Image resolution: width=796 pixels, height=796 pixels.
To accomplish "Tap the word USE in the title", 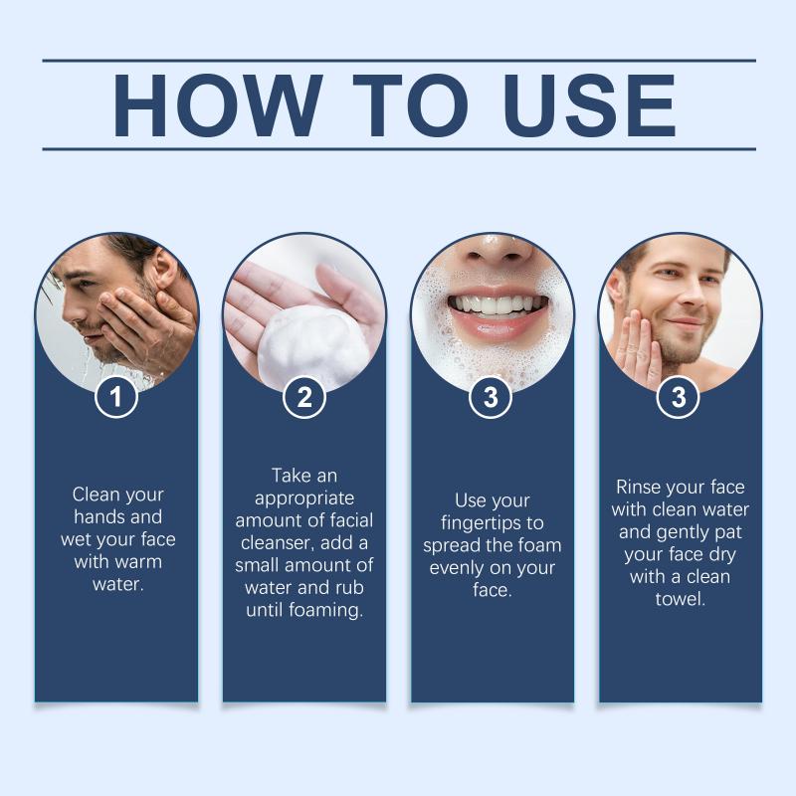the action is click(x=589, y=105).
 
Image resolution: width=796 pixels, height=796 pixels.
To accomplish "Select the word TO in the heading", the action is click(x=410, y=105).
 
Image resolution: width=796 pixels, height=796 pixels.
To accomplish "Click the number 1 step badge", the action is click(x=116, y=396).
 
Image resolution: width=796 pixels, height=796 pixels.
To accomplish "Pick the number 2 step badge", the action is click(x=304, y=396).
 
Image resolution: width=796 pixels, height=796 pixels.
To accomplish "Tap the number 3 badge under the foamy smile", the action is click(x=491, y=396).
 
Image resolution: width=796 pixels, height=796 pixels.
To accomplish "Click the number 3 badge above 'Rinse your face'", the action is click(x=679, y=396).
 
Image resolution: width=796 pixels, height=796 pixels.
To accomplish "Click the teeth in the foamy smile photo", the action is click(x=498, y=305).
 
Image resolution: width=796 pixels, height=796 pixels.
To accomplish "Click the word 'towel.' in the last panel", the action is click(x=681, y=599).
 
